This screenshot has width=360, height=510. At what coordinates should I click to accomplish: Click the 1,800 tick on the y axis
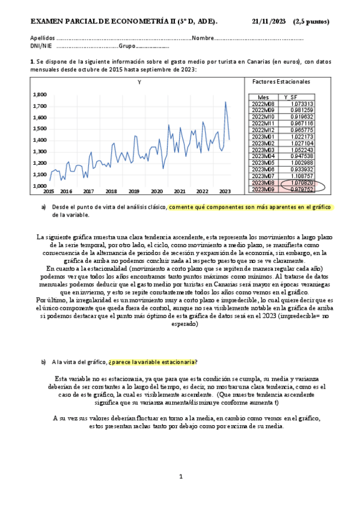pos(39,94)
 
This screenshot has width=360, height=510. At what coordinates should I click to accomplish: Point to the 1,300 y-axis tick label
pos(39,151)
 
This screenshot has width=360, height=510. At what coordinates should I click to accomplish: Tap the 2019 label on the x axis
pos(134,192)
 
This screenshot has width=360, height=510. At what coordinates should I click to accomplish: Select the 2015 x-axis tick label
pos(49,192)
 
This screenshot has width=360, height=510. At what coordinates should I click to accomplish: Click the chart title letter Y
pos(139,82)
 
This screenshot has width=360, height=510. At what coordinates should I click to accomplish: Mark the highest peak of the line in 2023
pos(225,102)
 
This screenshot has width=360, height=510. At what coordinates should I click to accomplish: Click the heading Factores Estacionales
pos(281,81)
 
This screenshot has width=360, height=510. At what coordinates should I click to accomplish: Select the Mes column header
pos(263,97)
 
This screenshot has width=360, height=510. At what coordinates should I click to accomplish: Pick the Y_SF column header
pos(291,97)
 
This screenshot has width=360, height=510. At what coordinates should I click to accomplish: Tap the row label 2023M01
pos(263,137)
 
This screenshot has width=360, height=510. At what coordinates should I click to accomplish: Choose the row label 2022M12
pos(263,130)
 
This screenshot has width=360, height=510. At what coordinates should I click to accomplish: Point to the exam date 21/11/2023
pos(267,22)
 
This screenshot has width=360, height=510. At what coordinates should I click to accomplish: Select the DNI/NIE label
pos(41,46)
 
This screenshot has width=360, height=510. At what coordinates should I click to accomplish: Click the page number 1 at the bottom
pos(180,477)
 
